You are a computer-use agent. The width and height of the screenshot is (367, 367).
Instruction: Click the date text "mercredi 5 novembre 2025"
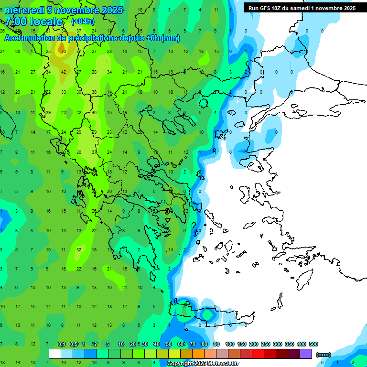(x=64, y=10)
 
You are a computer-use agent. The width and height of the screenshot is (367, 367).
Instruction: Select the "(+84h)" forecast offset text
(x=83, y=22)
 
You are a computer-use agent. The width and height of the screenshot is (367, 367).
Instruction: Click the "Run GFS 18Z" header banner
(x=302, y=8)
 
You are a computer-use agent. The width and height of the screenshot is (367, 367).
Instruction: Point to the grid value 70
(x=64, y=51)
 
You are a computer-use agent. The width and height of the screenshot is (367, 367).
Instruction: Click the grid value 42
(x=64, y=72)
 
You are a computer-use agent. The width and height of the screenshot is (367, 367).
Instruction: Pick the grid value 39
(x=48, y=112)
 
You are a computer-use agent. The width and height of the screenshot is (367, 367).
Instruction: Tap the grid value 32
(x=79, y=249)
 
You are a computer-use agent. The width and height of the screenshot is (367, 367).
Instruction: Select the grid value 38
(x=94, y=92)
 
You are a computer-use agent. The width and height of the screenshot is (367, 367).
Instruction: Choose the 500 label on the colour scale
(x=313, y=344)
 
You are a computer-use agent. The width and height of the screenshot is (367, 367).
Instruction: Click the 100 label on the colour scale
(x=230, y=344)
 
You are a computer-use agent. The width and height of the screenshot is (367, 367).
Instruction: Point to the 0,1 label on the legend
(x=62, y=344)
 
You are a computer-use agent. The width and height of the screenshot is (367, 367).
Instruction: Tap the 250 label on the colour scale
(x=266, y=344)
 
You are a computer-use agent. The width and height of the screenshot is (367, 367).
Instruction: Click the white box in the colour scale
(x=55, y=354)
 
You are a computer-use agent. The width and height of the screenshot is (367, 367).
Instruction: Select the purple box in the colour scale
(x=306, y=354)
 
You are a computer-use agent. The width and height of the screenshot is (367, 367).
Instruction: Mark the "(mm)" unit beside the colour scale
(x=324, y=355)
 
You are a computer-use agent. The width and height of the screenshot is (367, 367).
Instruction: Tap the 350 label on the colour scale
(x=290, y=344)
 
